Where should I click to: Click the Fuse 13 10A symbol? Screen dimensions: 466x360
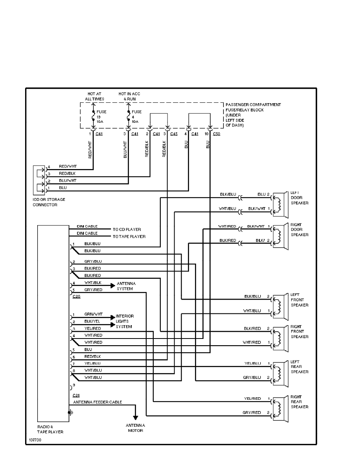click(x=93, y=116)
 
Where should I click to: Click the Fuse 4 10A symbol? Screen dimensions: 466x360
click(x=128, y=116)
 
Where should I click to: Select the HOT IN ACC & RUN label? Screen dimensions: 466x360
click(x=129, y=96)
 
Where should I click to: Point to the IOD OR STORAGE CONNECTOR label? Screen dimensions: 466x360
click(x=49, y=202)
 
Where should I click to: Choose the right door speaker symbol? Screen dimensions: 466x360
click(x=280, y=235)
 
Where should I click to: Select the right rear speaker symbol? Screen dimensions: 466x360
click(x=280, y=407)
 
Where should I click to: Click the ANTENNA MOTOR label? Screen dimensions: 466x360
click(x=135, y=428)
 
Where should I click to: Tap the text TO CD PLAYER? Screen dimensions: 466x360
click(x=127, y=229)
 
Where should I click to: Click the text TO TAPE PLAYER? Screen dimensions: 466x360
click(x=129, y=237)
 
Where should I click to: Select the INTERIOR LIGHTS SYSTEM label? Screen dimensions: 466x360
click(x=125, y=321)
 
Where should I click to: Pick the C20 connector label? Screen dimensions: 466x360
click(x=76, y=297)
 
